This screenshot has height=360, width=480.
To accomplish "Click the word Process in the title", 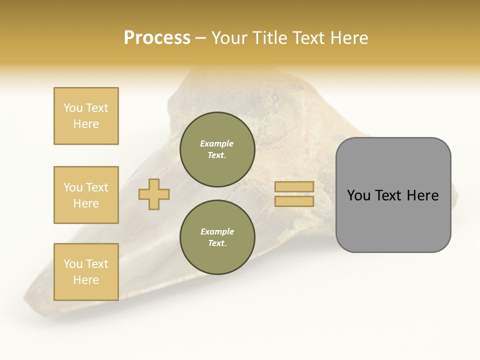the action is (157, 38).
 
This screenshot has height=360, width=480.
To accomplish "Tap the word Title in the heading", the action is (269, 38).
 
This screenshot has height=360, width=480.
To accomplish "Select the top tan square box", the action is (86, 116).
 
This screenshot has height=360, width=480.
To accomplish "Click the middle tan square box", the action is (86, 195).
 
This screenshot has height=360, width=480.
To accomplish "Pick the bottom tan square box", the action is (86, 272).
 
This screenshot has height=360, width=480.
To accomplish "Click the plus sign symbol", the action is (154, 193).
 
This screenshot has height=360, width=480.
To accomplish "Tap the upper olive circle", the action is (217, 149).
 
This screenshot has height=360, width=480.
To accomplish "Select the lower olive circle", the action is (217, 237).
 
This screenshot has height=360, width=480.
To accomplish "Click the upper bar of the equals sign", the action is (294, 186).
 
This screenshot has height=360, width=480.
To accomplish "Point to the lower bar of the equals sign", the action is (294, 201).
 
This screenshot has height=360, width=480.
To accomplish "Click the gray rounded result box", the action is (393, 195).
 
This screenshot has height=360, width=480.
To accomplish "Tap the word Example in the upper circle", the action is (217, 143).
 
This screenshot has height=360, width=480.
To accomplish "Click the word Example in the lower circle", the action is (217, 231).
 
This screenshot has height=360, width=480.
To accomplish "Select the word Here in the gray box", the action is (423, 195).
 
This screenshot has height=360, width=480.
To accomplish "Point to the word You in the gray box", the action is (358, 195).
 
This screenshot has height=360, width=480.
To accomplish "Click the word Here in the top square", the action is (86, 124).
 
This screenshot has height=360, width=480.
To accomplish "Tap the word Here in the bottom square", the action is (86, 280).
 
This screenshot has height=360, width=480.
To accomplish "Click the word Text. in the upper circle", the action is (217, 155).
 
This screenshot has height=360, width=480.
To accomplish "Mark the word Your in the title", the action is (228, 38).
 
